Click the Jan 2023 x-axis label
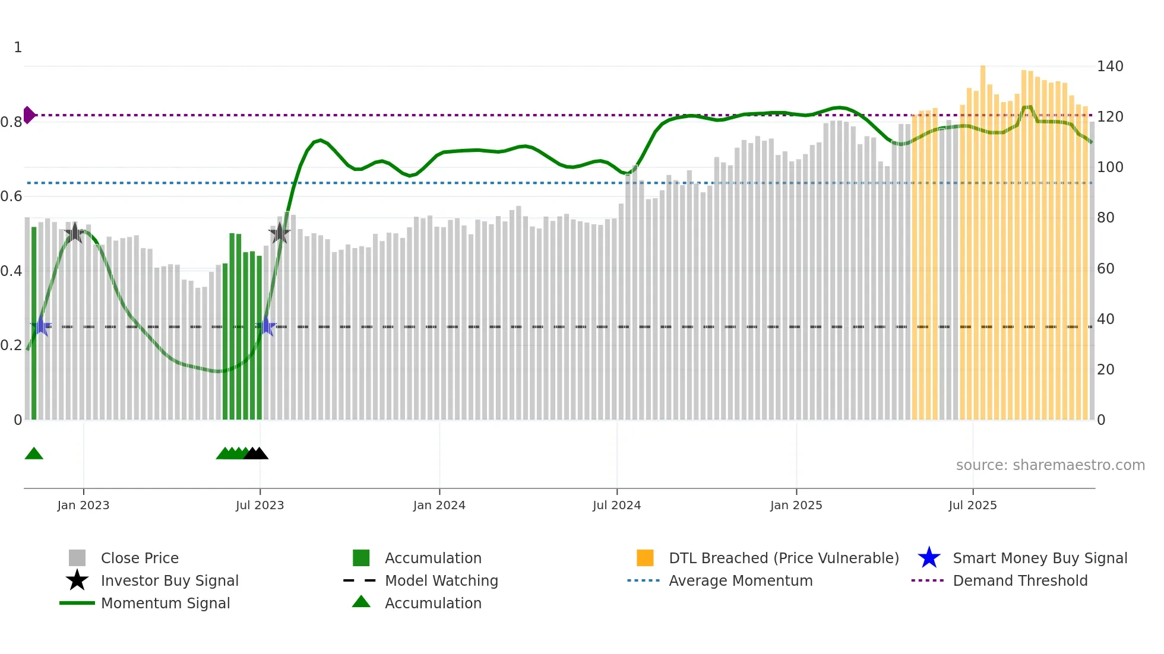click(83, 505)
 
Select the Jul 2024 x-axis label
click(616, 505)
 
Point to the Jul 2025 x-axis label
click(972, 505)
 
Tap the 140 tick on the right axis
click(1110, 66)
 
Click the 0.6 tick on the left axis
click(11, 196)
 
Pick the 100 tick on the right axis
click(1110, 167)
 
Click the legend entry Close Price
click(140, 558)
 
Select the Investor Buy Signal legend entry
click(169, 580)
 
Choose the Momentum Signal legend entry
click(165, 603)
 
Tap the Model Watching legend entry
click(441, 580)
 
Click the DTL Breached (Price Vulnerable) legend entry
click(783, 558)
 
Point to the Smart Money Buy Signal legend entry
click(1039, 558)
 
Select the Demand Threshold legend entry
click(1020, 580)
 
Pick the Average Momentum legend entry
click(740, 580)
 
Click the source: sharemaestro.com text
click(1050, 465)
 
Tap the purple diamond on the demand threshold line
click(29, 115)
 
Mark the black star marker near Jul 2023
click(280, 233)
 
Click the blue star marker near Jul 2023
click(267, 326)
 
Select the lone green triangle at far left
click(34, 454)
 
